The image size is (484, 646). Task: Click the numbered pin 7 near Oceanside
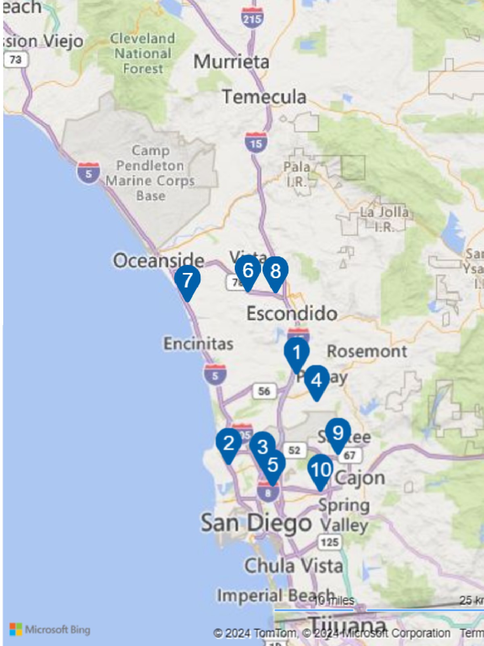tap(188, 280)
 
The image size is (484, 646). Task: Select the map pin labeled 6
tap(248, 270)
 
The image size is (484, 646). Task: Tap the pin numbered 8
tap(275, 271)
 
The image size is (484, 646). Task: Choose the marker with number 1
tap(297, 352)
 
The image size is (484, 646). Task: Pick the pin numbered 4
tap(317, 380)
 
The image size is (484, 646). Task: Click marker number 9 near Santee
tap(338, 433)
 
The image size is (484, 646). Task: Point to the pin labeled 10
tap(321, 470)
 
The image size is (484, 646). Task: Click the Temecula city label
tap(264, 97)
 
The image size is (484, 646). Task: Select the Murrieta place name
tap(231, 62)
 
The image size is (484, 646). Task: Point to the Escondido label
tap(292, 314)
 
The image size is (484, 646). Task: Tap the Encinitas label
tap(198, 344)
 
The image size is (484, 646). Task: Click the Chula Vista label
tap(294, 566)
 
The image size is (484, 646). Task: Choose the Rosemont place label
tap(367, 351)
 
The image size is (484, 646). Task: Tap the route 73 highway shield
tap(16, 60)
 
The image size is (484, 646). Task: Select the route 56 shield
tap(264, 391)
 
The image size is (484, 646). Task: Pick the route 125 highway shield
tap(330, 541)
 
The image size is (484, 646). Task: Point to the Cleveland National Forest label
tap(143, 54)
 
